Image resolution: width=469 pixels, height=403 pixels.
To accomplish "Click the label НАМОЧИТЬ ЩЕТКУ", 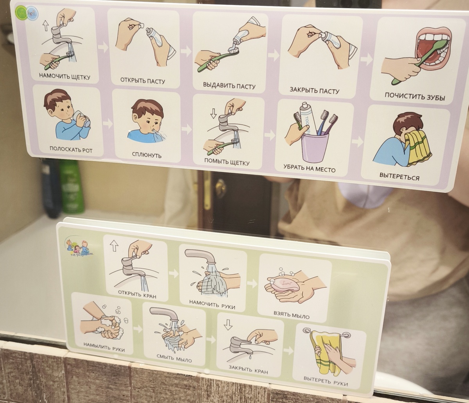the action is pos(64,75).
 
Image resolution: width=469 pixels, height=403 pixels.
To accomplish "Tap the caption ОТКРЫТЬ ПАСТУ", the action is pos(143,81).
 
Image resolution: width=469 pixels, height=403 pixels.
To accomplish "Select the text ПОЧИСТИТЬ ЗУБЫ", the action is pos(415,96).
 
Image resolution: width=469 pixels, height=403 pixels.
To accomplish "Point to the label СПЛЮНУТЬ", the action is pos(147,155).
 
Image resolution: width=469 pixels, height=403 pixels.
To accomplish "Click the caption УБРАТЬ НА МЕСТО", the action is pos(309,168).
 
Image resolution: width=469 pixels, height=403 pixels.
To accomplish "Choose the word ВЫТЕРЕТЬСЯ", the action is pos(399,176).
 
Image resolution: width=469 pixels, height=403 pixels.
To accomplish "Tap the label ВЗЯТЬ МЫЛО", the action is pos(291,315).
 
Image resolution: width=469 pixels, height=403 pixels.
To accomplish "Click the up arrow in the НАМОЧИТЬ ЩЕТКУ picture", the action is pos(46,25).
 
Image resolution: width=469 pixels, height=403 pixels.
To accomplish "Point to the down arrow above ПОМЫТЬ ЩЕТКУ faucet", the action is pos(213,113).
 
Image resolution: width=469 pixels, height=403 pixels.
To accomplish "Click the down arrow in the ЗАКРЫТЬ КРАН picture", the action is pos(228,325).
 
